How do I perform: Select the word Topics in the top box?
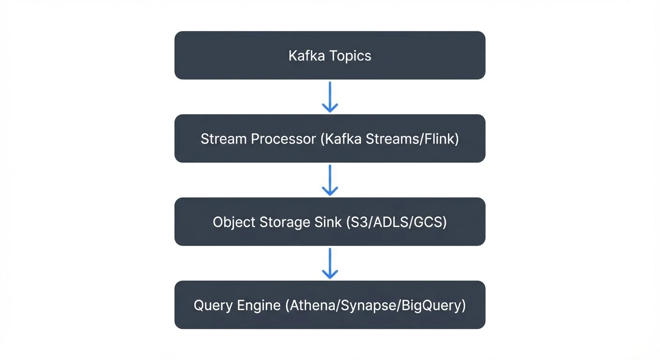click(350, 56)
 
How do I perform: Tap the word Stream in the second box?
click(224, 139)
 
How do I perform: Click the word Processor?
click(283, 139)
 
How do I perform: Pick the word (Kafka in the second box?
click(341, 139)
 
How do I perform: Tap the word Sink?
click(328, 222)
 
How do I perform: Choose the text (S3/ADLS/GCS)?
click(396, 222)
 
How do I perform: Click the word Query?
click(214, 305)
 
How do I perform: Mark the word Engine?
click(259, 305)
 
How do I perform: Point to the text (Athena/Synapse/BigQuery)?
click(375, 305)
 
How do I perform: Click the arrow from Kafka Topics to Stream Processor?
click(330, 97)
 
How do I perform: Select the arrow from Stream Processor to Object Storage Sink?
click(330, 180)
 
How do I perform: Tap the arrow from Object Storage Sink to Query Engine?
click(330, 263)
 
